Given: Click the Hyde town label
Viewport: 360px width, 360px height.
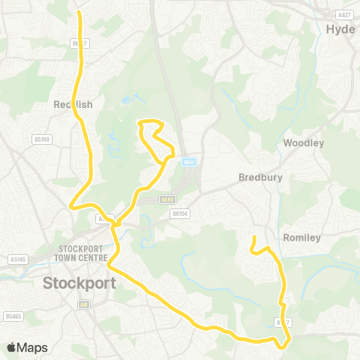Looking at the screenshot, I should coord(342,29).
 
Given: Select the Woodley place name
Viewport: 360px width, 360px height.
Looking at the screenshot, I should coord(304,142).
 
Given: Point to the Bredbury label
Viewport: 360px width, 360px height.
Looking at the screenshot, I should coord(258,178).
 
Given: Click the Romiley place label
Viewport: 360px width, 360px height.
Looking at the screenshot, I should coord(301,238).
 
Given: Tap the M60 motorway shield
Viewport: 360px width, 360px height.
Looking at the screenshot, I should coord(188,161).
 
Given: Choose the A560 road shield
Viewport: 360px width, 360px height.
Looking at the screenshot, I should coord(166,199).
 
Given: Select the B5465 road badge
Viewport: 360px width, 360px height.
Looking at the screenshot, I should coord(13,316).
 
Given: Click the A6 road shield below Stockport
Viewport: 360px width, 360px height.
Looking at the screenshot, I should coord(85,304).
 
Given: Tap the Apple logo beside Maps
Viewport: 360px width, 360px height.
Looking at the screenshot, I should coord(11,347).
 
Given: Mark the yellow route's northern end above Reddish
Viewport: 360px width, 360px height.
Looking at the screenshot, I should coord(79,13).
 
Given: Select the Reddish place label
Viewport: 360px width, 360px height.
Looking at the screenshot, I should coord(73,105).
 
